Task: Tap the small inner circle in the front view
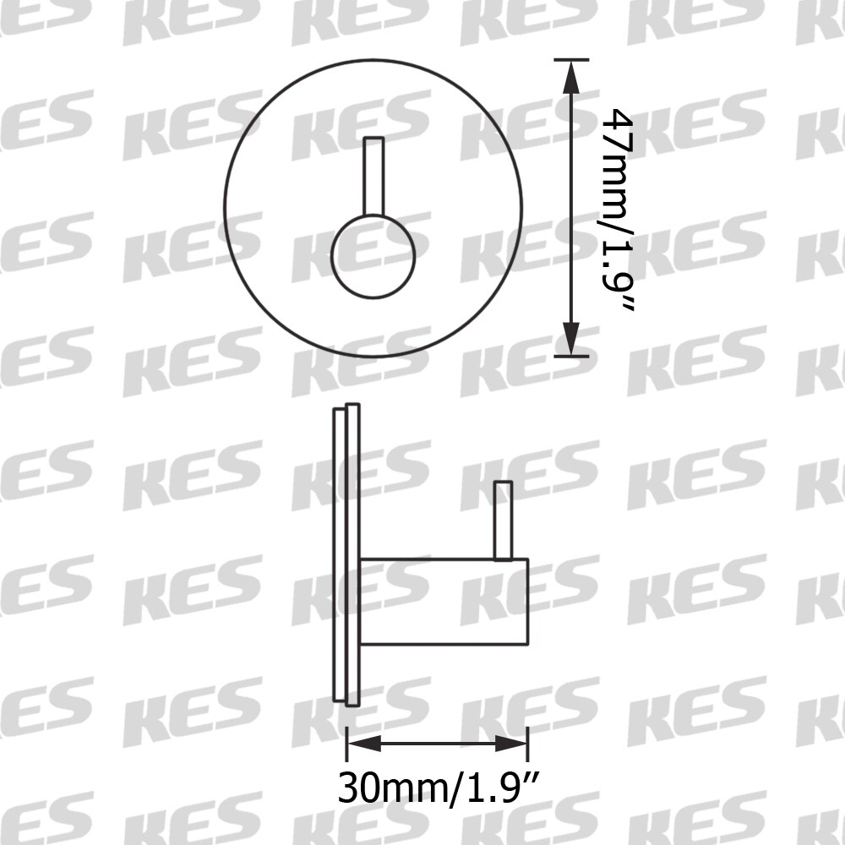[x=373, y=255]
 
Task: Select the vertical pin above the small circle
[x=373, y=176]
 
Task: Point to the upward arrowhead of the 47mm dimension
[x=572, y=77]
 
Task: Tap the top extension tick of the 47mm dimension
[x=572, y=59]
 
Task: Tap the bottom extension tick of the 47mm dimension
[x=572, y=357]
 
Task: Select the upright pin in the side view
[x=504, y=520]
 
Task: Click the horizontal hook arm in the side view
[x=444, y=602]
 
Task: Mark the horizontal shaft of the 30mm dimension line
[x=438, y=744]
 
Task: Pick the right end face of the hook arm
[x=528, y=602]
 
